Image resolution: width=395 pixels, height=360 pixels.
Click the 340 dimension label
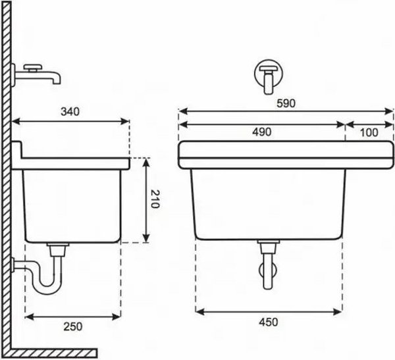70,112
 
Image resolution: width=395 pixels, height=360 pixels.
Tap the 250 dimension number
73,326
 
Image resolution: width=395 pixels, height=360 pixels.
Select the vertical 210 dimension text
155,199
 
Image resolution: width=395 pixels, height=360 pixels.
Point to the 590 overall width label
286,103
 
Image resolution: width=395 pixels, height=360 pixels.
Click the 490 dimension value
262,132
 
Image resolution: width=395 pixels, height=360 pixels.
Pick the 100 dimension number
369,132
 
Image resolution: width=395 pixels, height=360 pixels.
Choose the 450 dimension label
269,322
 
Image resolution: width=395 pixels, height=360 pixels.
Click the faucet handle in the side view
32,67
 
